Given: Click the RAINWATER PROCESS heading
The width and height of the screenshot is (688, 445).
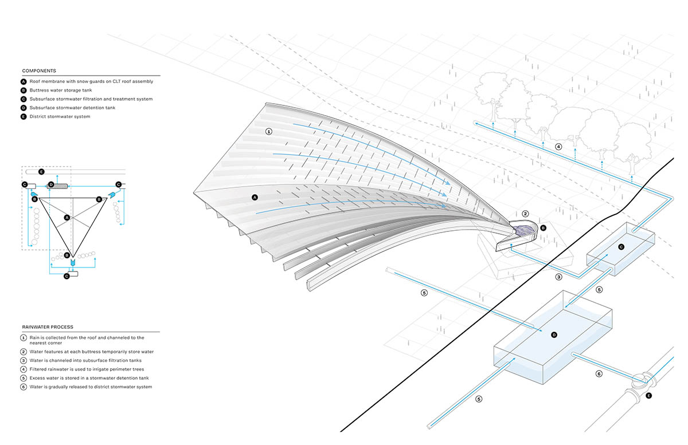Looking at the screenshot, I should [48, 327].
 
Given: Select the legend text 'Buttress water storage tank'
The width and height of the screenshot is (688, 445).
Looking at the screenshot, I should [62, 90].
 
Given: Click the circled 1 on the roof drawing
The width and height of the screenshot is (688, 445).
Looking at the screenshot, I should [268, 131].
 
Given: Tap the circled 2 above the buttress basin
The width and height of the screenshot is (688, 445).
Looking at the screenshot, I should [525, 214].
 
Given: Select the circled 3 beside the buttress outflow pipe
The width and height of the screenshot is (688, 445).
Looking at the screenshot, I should [558, 277].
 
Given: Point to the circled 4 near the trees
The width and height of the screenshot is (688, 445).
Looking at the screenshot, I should [558, 147].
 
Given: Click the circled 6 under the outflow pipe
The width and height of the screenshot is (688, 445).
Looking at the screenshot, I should [599, 373].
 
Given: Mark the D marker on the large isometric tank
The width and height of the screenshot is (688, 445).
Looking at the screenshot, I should [554, 334].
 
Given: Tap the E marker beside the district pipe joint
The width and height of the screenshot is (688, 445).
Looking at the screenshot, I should [648, 395].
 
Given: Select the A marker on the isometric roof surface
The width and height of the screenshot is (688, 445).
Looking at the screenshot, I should [255, 197].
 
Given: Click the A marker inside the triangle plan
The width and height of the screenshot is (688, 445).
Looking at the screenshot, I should [67, 218].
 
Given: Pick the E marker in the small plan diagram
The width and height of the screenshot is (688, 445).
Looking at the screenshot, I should [41, 172].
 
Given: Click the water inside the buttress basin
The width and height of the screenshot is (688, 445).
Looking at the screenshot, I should [525, 230].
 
